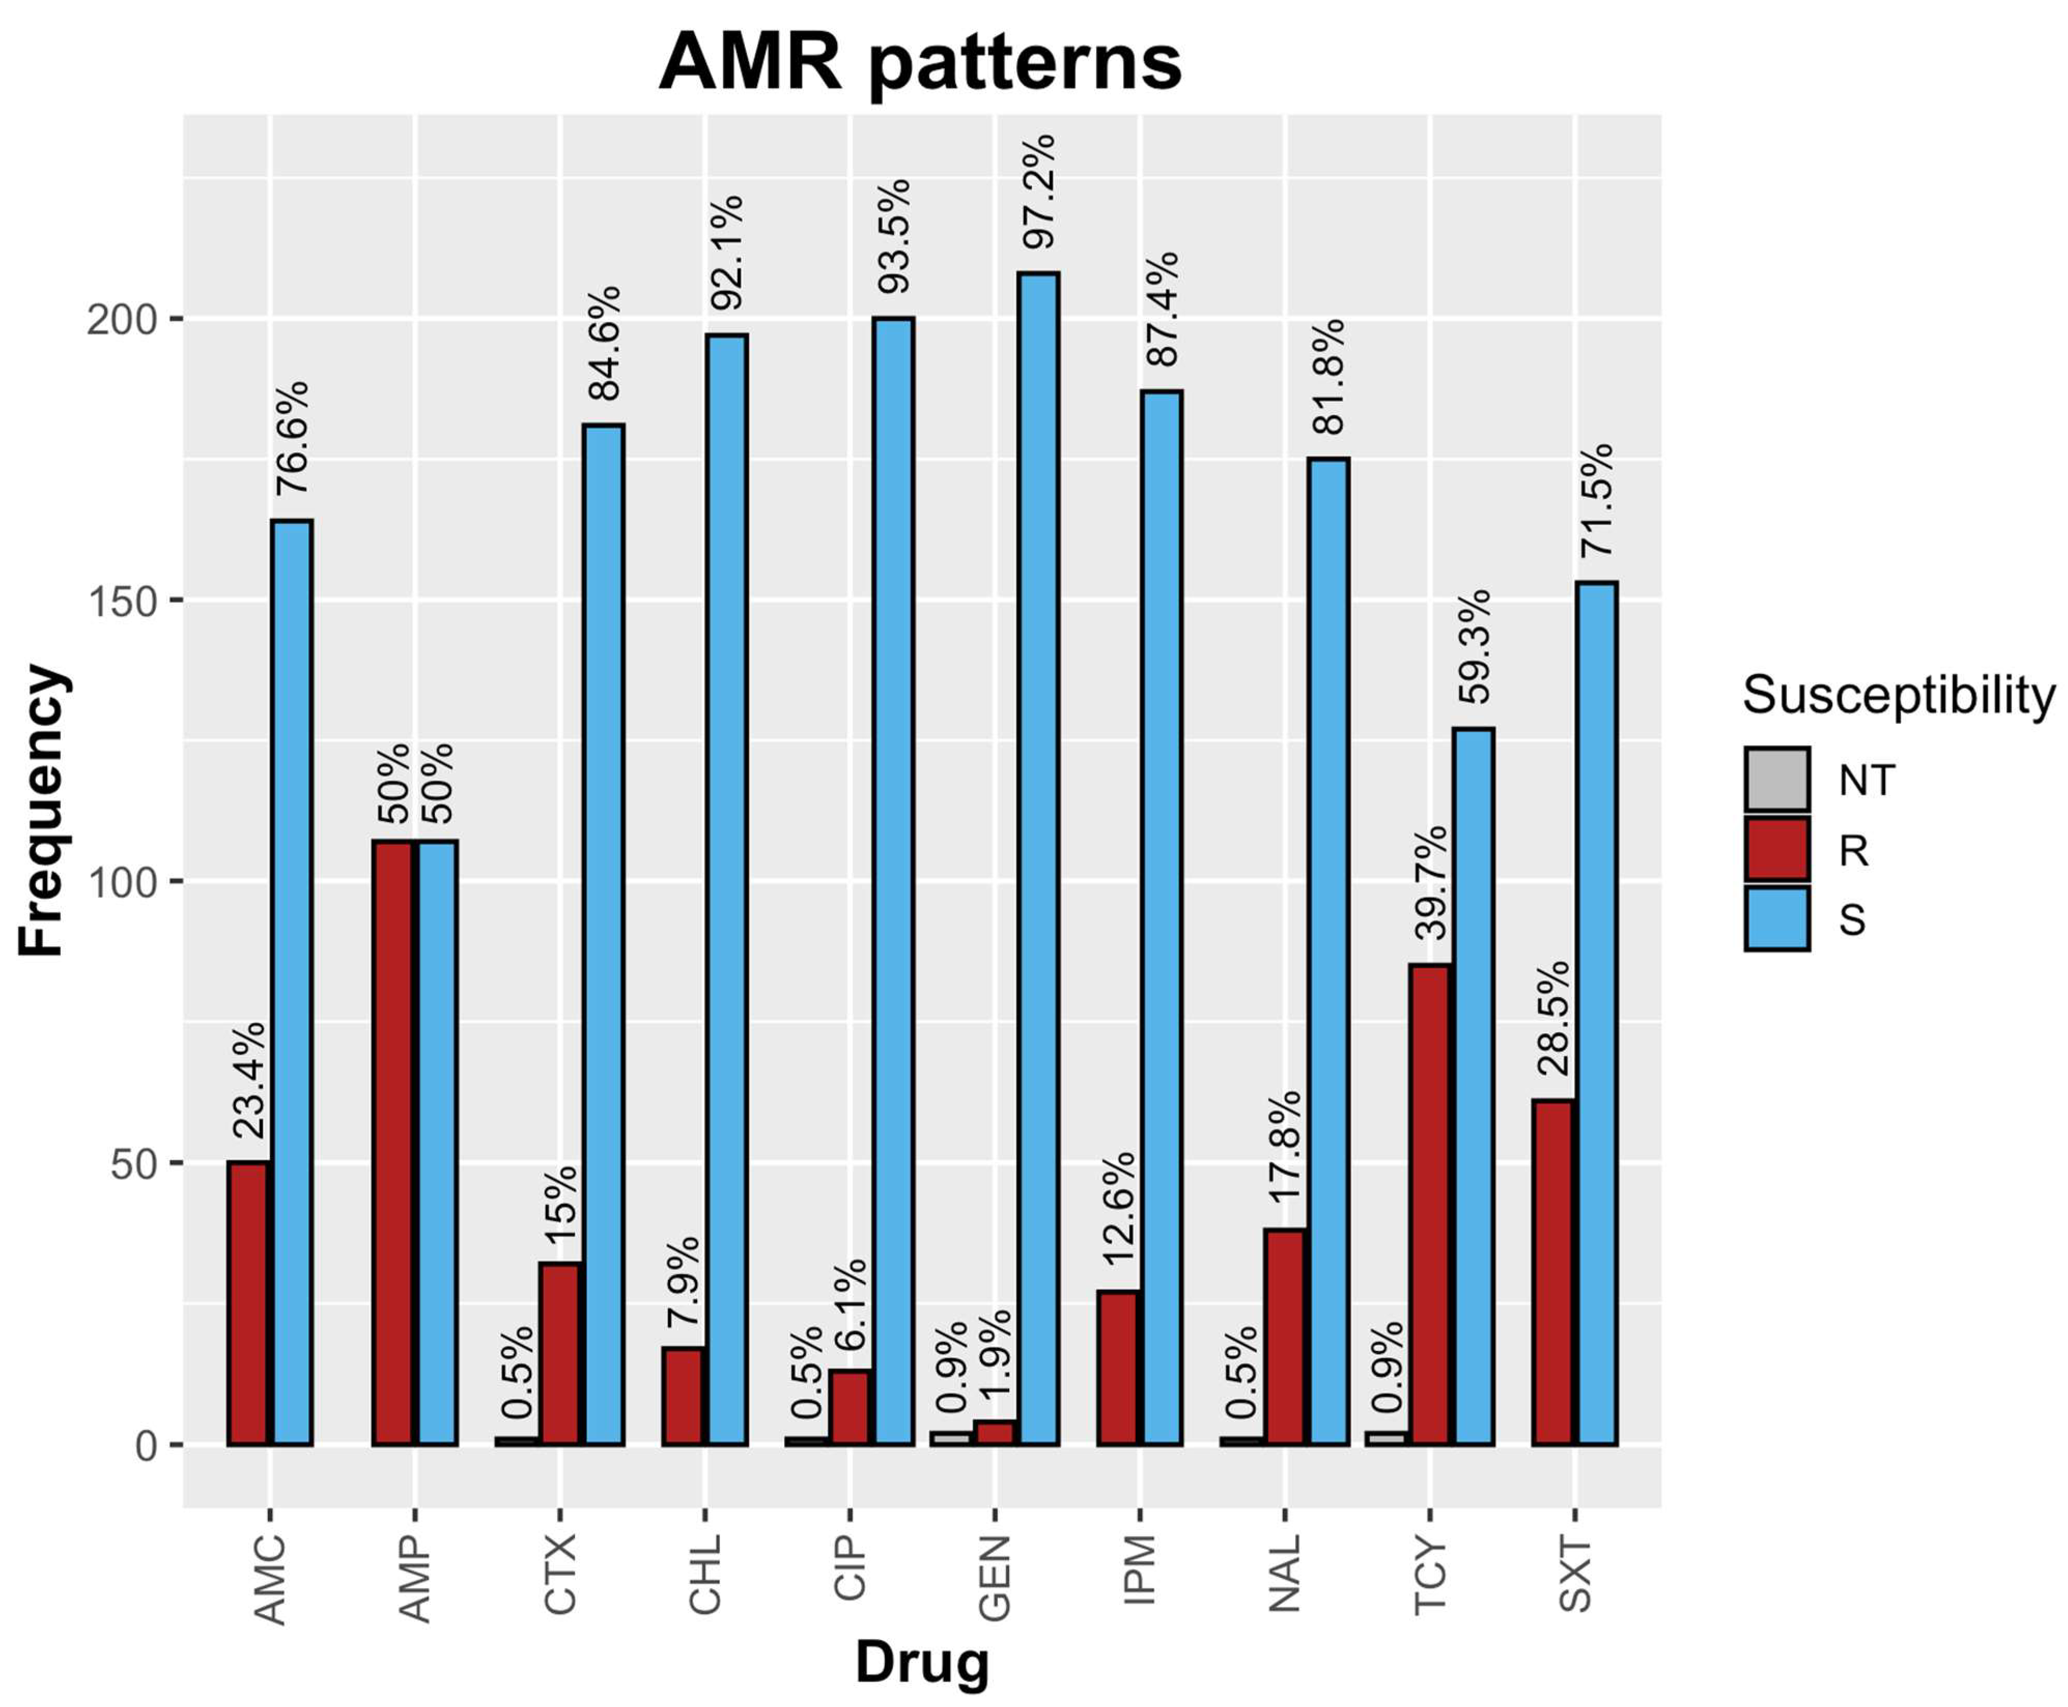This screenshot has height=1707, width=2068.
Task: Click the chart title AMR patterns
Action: click(x=919, y=62)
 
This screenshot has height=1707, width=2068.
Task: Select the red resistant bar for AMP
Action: click(x=392, y=1143)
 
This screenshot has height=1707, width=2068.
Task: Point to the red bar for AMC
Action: click(x=247, y=1303)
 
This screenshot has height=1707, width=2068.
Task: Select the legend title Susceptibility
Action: click(x=1898, y=695)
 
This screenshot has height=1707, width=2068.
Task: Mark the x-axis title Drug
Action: click(x=922, y=1662)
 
